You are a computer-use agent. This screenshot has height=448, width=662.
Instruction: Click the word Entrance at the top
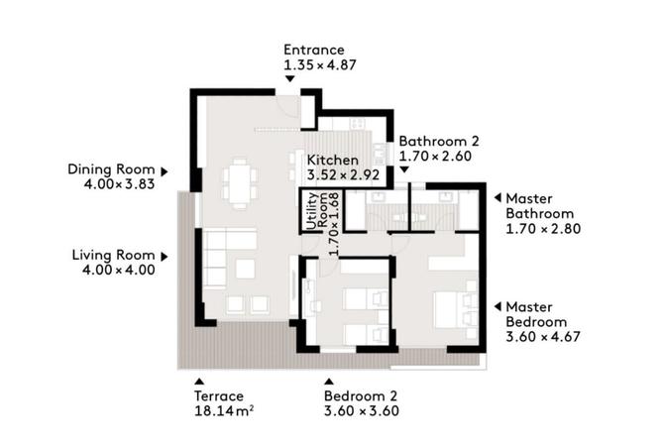[x=313, y=50]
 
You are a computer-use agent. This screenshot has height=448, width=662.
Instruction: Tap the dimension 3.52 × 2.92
[x=344, y=175]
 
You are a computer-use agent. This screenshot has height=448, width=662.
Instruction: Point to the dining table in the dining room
[x=240, y=184]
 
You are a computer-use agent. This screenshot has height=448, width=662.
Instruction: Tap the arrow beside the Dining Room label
[x=165, y=169]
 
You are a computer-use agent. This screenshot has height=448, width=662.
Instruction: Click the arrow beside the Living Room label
[x=165, y=256]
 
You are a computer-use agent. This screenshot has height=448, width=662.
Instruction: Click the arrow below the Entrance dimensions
[x=291, y=83]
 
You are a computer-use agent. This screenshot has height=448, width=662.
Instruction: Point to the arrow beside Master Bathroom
[x=496, y=197]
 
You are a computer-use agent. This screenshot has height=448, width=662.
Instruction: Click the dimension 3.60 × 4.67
[x=542, y=337]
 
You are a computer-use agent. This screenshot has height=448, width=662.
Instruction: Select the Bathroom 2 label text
[x=438, y=141]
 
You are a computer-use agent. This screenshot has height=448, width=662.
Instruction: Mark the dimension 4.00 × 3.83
[x=112, y=183]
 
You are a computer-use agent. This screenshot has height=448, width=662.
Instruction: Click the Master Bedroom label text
[x=536, y=314]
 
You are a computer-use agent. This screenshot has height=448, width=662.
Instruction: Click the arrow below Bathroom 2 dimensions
[x=404, y=170]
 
